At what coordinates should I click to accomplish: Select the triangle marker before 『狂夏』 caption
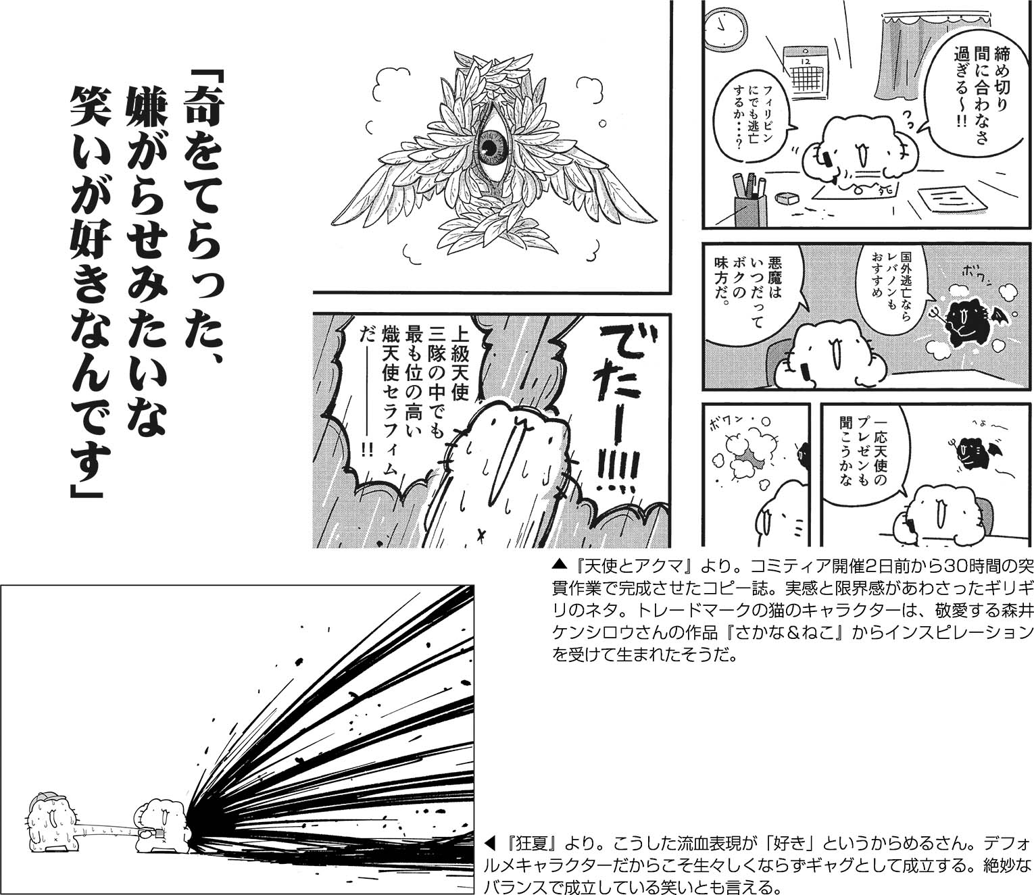click(x=490, y=830)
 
